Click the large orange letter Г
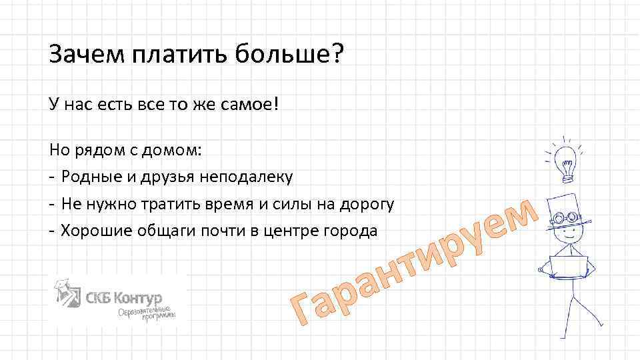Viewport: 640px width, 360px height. point(303,311)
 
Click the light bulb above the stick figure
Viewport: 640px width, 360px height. point(566,159)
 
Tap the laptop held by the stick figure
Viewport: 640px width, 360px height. point(568,265)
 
